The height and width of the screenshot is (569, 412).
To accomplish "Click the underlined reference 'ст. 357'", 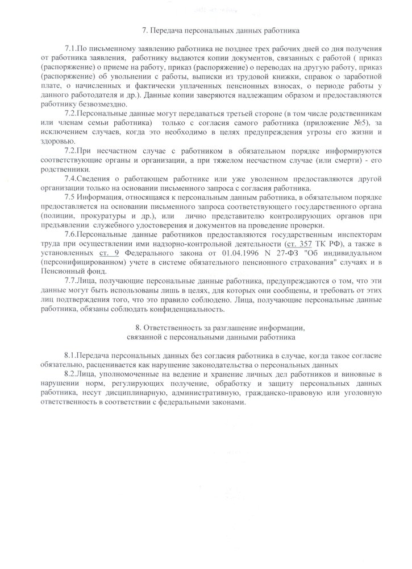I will click(302, 244).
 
